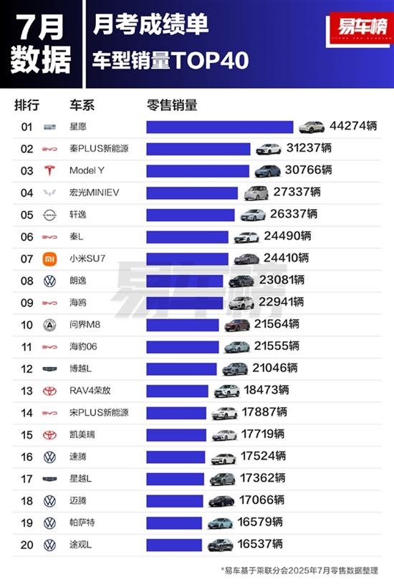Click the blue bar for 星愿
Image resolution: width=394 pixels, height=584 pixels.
click(x=220, y=127)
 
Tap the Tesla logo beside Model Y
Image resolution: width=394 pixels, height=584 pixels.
click(x=49, y=171)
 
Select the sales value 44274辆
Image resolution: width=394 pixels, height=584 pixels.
click(x=353, y=127)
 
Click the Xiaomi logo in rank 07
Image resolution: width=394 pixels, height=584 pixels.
click(x=49, y=259)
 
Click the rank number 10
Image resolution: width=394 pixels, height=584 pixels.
click(x=27, y=325)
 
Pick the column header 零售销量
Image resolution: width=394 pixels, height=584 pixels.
click(x=172, y=105)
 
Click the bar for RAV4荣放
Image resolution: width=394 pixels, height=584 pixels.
click(x=178, y=391)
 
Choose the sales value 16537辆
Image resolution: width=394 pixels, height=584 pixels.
click(x=260, y=545)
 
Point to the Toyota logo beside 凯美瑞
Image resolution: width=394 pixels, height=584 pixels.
click(x=49, y=435)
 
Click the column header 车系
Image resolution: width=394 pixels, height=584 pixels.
click(x=82, y=105)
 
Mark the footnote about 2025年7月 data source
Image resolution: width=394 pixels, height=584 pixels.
click(x=301, y=570)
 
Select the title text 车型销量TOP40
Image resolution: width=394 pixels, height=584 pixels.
click(x=170, y=62)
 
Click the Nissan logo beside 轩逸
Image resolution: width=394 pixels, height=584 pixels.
click(x=49, y=215)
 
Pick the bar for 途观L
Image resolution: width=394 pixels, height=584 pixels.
click(x=176, y=545)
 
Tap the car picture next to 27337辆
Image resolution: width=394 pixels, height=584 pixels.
click(x=256, y=193)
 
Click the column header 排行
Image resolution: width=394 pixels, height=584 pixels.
click(x=27, y=105)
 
